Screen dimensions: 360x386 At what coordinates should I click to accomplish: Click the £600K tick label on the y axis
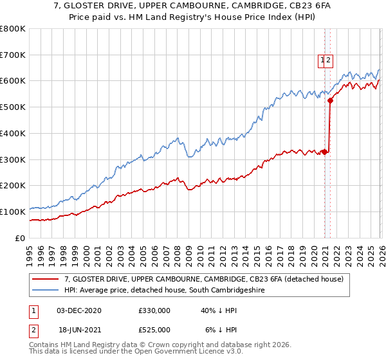13,81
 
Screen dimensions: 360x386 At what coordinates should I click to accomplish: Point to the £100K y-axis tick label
13,212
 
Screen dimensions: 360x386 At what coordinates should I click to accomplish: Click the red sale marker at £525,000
330,100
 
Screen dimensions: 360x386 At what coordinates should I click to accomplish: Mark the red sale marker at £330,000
324,152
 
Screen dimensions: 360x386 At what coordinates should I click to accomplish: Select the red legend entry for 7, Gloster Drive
205,279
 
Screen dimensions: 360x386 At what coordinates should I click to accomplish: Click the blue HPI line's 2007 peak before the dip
176,137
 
